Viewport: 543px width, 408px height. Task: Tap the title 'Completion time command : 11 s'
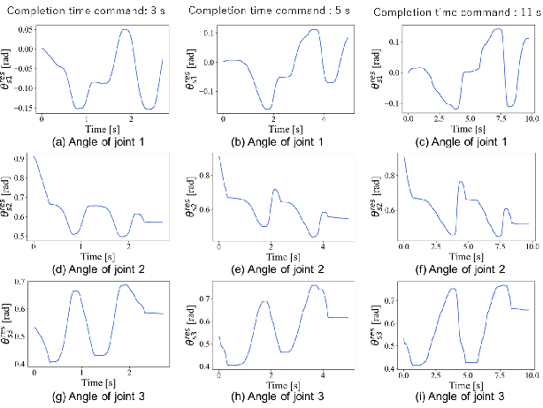coord(453,12)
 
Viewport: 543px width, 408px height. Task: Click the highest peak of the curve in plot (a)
coord(126,30)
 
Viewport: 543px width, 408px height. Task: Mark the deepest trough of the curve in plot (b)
coord(269,109)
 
